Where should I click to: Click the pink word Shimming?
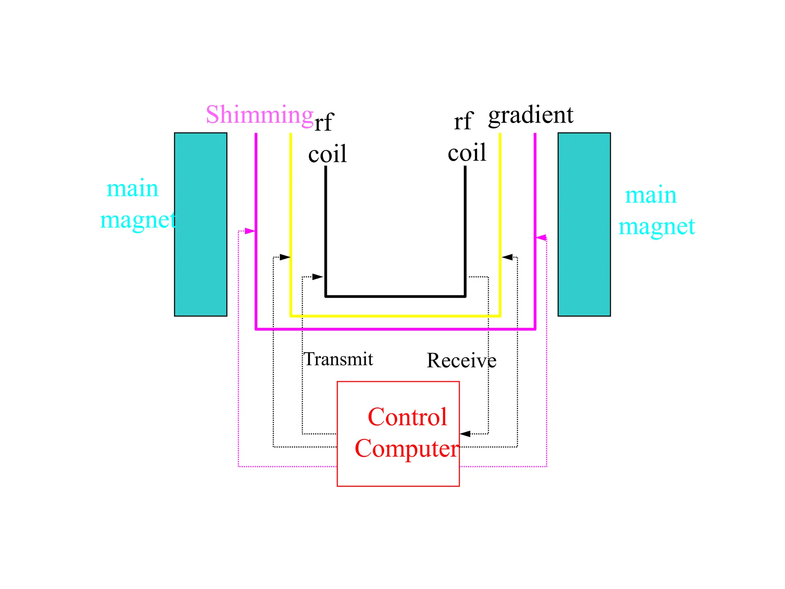tap(259, 115)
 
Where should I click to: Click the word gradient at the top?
tap(530, 115)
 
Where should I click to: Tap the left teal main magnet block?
tap(200, 224)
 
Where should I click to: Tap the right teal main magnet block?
tap(584, 224)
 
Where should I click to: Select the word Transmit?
tap(338, 359)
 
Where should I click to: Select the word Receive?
tap(461, 360)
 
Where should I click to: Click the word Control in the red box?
tap(407, 417)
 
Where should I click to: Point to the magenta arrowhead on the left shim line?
tap(250, 231)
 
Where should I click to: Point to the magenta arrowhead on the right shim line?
tap(541, 238)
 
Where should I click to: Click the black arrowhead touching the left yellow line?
tap(284, 257)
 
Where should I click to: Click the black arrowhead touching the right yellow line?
tap(507, 257)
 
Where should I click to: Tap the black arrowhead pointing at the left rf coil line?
tap(317, 276)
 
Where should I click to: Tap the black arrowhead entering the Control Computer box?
tap(465, 434)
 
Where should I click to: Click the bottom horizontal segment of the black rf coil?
tap(395, 296)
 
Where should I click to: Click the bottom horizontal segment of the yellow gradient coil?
tap(395, 316)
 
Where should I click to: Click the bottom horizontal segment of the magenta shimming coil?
tap(395, 329)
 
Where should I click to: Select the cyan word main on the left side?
tap(132, 189)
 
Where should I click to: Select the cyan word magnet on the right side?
tap(656, 227)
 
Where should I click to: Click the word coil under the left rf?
tap(327, 154)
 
